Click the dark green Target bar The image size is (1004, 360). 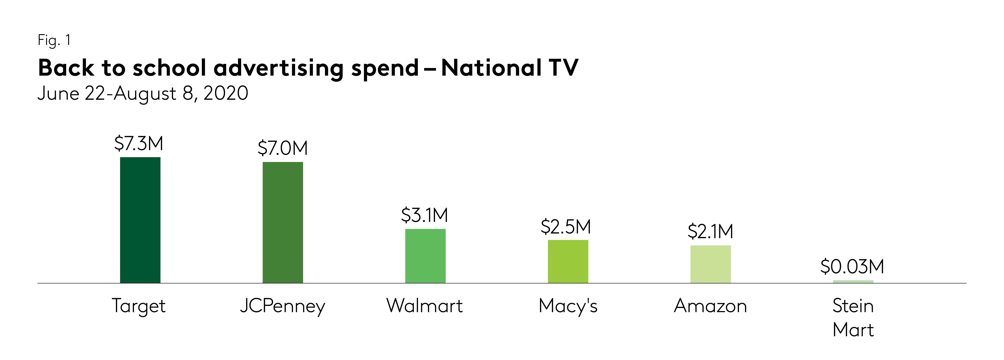[140, 220]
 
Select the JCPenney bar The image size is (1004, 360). [283, 222]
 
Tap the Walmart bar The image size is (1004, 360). [425, 256]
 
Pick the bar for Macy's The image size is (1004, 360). [568, 261]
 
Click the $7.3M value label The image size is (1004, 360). [139, 144]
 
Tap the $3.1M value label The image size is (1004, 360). [424, 215]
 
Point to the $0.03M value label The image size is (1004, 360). [852, 267]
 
